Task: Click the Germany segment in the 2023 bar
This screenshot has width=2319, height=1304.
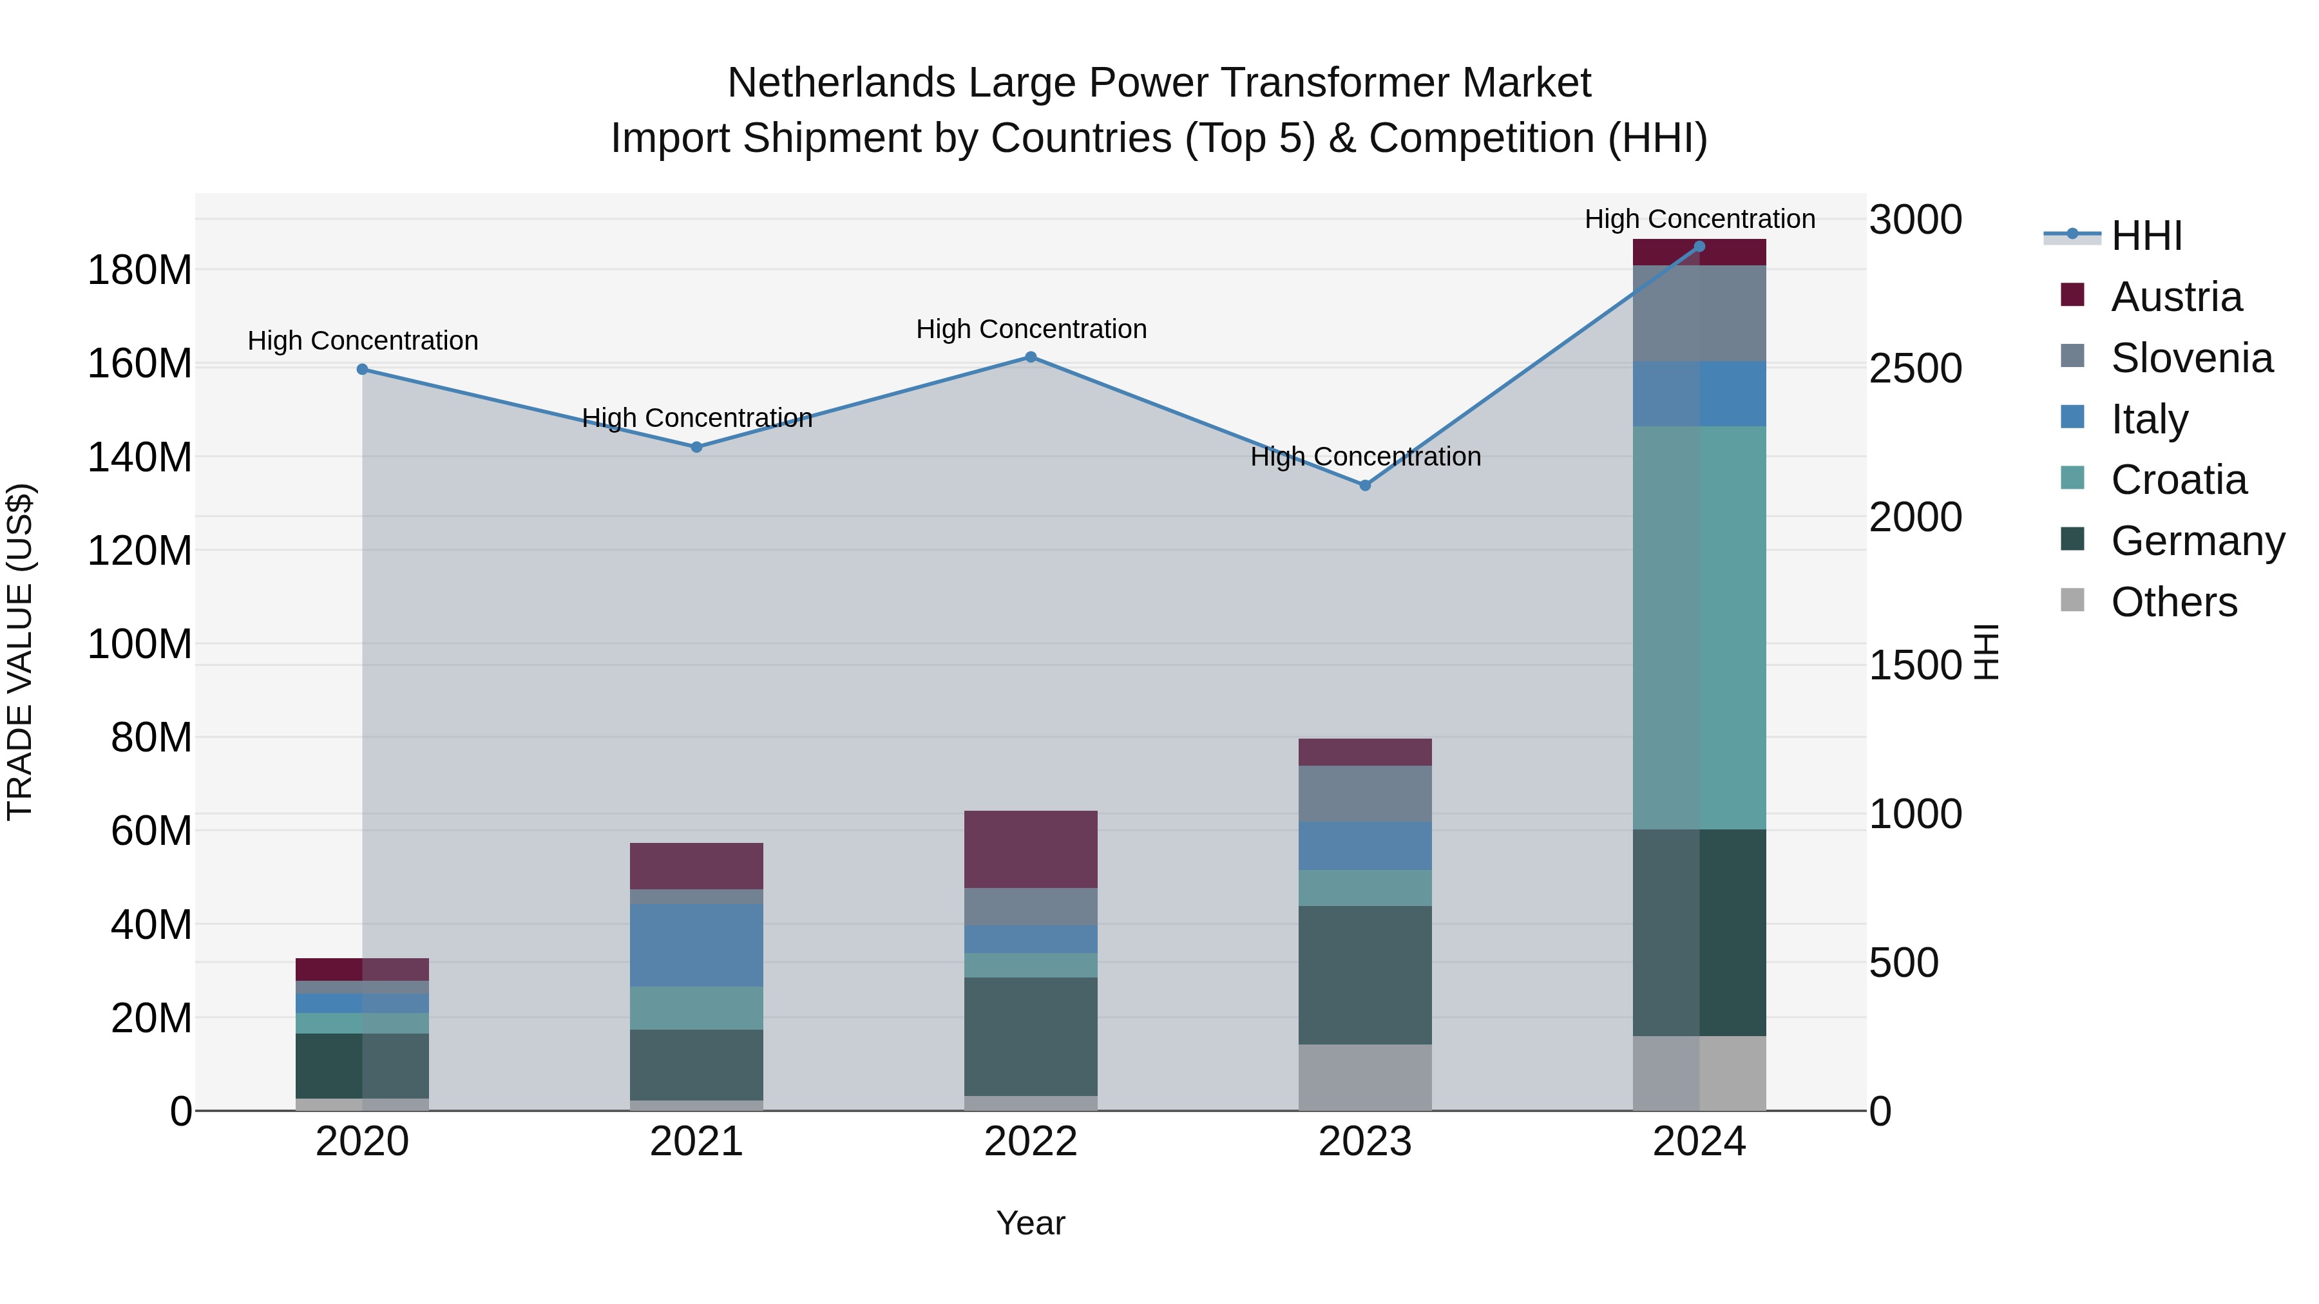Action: tap(1365, 975)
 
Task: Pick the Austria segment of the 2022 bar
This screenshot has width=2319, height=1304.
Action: tap(1031, 849)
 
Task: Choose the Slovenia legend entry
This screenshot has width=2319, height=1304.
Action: tap(2191, 358)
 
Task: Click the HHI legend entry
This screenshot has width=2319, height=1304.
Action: tap(2146, 236)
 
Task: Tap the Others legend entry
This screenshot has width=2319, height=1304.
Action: tap(2173, 602)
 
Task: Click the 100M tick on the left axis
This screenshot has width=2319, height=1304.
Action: tap(140, 645)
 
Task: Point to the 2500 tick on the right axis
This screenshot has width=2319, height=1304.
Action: tap(1915, 369)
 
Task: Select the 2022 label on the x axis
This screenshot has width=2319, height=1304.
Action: tap(1031, 1142)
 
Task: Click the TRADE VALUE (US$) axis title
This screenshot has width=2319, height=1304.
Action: tap(21, 652)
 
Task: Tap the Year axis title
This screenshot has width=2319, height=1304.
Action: tap(1031, 1223)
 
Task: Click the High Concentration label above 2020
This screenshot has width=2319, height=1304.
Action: tap(363, 341)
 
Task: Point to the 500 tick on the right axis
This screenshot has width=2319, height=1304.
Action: tap(1903, 963)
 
